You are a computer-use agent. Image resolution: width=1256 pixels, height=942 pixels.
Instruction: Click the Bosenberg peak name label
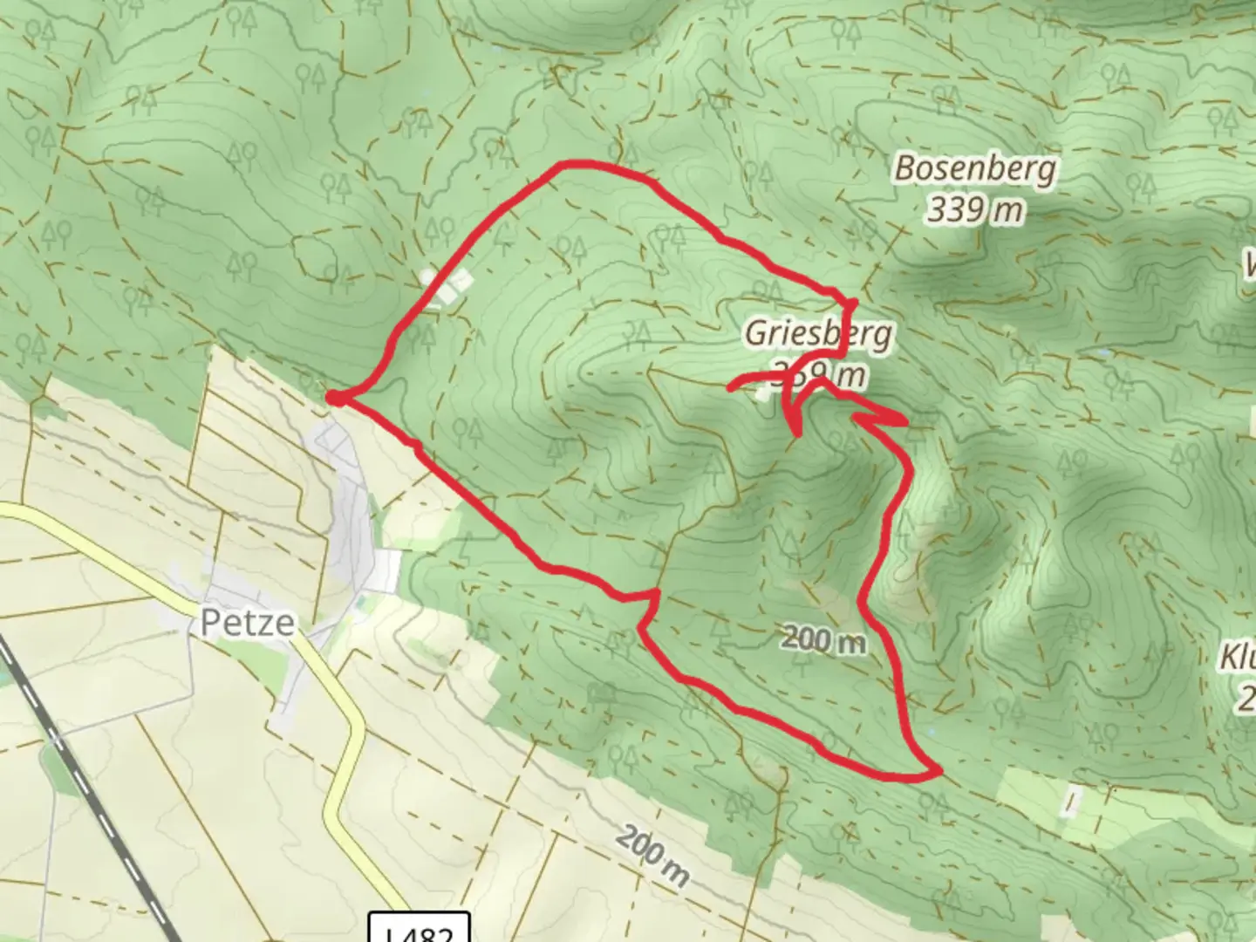tap(974, 168)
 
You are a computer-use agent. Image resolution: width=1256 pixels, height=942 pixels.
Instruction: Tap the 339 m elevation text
tap(974, 209)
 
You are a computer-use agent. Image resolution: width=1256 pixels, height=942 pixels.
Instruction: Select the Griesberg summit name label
tap(818, 334)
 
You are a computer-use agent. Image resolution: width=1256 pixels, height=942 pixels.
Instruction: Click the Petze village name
tap(247, 623)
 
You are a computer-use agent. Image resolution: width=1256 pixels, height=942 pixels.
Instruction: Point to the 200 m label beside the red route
tap(823, 641)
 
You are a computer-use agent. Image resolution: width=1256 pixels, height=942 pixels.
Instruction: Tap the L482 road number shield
tap(420, 929)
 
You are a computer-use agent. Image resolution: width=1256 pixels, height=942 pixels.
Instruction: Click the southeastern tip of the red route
tap(939, 772)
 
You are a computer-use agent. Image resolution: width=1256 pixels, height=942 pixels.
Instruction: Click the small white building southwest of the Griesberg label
tap(764, 393)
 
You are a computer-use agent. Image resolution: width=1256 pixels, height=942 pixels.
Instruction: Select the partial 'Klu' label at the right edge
tap(1239, 659)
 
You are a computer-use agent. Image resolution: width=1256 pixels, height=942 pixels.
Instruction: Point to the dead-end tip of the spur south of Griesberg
tap(795, 432)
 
